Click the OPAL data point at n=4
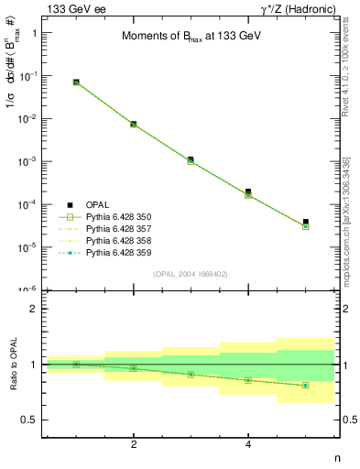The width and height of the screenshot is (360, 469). [x=248, y=191]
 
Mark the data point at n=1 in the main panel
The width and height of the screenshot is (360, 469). [x=76, y=82]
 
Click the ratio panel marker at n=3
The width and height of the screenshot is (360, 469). [x=191, y=374]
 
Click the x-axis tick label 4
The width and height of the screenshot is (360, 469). [x=248, y=444]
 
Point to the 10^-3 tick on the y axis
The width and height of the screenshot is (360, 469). [x=27, y=161]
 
